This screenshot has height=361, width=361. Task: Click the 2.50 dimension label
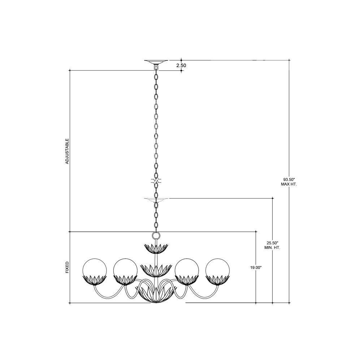(x=181, y=65)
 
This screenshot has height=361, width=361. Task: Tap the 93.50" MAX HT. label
(x=289, y=182)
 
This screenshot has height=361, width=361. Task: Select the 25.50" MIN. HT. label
(x=272, y=245)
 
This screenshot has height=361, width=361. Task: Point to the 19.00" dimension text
(x=256, y=268)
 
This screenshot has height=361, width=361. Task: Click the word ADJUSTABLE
(x=67, y=151)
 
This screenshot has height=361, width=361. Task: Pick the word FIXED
(x=67, y=267)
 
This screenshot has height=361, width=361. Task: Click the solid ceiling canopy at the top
(x=156, y=62)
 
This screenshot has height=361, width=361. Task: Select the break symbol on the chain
(x=156, y=181)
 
